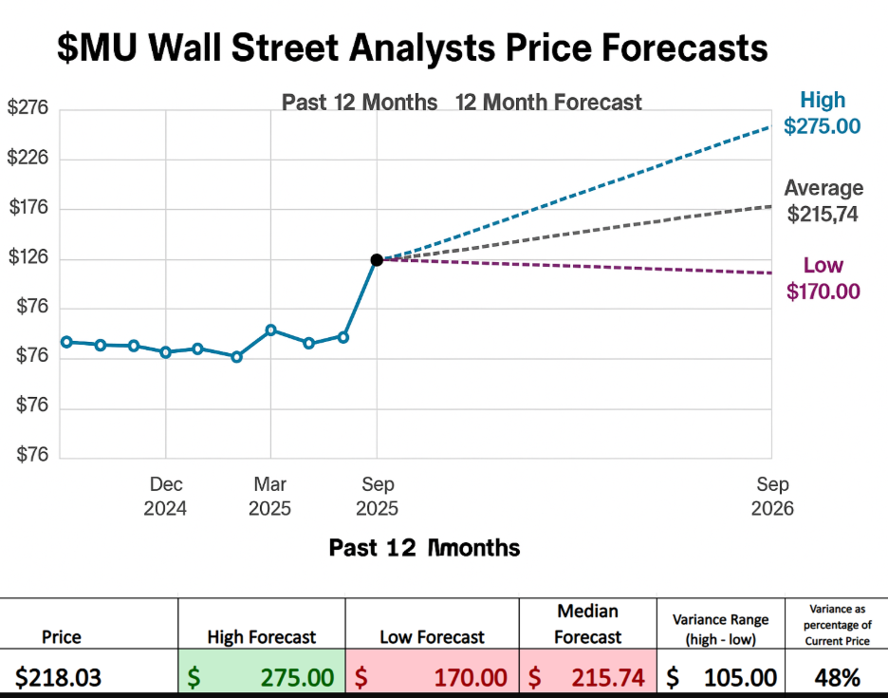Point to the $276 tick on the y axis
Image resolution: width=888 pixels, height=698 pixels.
pyautogui.click(x=28, y=108)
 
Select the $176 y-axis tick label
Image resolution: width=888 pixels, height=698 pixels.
pyautogui.click(x=28, y=209)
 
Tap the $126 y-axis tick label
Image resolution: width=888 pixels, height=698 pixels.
pyautogui.click(x=28, y=258)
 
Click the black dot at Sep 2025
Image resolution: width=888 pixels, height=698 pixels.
pyautogui.click(x=377, y=259)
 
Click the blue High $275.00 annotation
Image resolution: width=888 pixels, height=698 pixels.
pyautogui.click(x=822, y=113)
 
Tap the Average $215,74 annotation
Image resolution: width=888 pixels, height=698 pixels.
pyautogui.click(x=823, y=201)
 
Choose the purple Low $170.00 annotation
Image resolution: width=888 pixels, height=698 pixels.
pyautogui.click(x=823, y=278)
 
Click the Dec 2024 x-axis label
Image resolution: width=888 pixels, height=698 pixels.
pyautogui.click(x=165, y=497)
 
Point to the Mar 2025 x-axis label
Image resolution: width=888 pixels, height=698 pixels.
pyautogui.click(x=269, y=497)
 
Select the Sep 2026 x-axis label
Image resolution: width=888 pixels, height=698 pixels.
pyautogui.click(x=771, y=497)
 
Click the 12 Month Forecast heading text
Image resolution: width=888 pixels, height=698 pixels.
pyautogui.click(x=548, y=103)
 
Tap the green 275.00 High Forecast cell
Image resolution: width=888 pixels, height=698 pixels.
pyautogui.click(x=261, y=677)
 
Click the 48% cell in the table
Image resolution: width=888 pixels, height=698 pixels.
pyautogui.click(x=836, y=677)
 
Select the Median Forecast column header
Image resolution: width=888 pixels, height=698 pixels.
pyautogui.click(x=587, y=624)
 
